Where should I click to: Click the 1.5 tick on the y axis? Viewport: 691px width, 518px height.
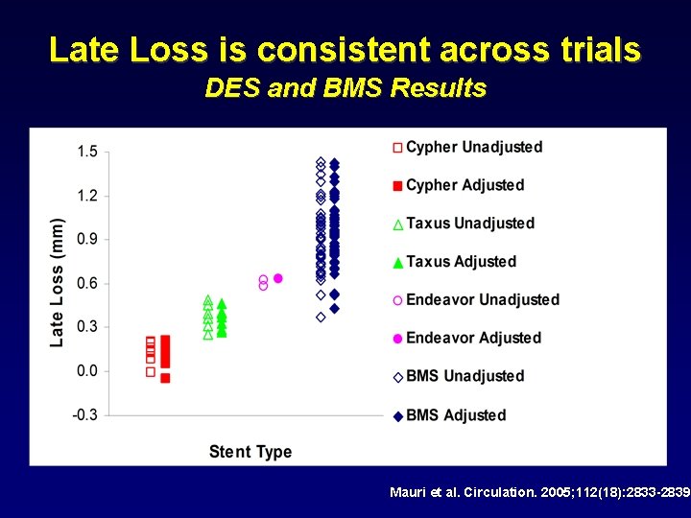tap(87, 152)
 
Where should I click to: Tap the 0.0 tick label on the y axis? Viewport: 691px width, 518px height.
tap(87, 371)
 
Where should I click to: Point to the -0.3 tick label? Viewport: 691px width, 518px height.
tap(85, 414)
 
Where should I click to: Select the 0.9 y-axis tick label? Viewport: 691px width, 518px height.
tap(87, 239)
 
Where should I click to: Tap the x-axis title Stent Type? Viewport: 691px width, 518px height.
tap(250, 451)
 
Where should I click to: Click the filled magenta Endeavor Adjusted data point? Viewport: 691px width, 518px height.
tap(277, 278)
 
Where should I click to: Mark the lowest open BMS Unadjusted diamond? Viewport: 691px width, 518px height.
tap(321, 317)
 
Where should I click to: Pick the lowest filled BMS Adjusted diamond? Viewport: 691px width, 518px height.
tap(334, 308)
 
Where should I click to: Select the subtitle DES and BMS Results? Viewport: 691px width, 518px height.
tap(345, 89)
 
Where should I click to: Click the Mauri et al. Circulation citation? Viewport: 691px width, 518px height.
tap(539, 492)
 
